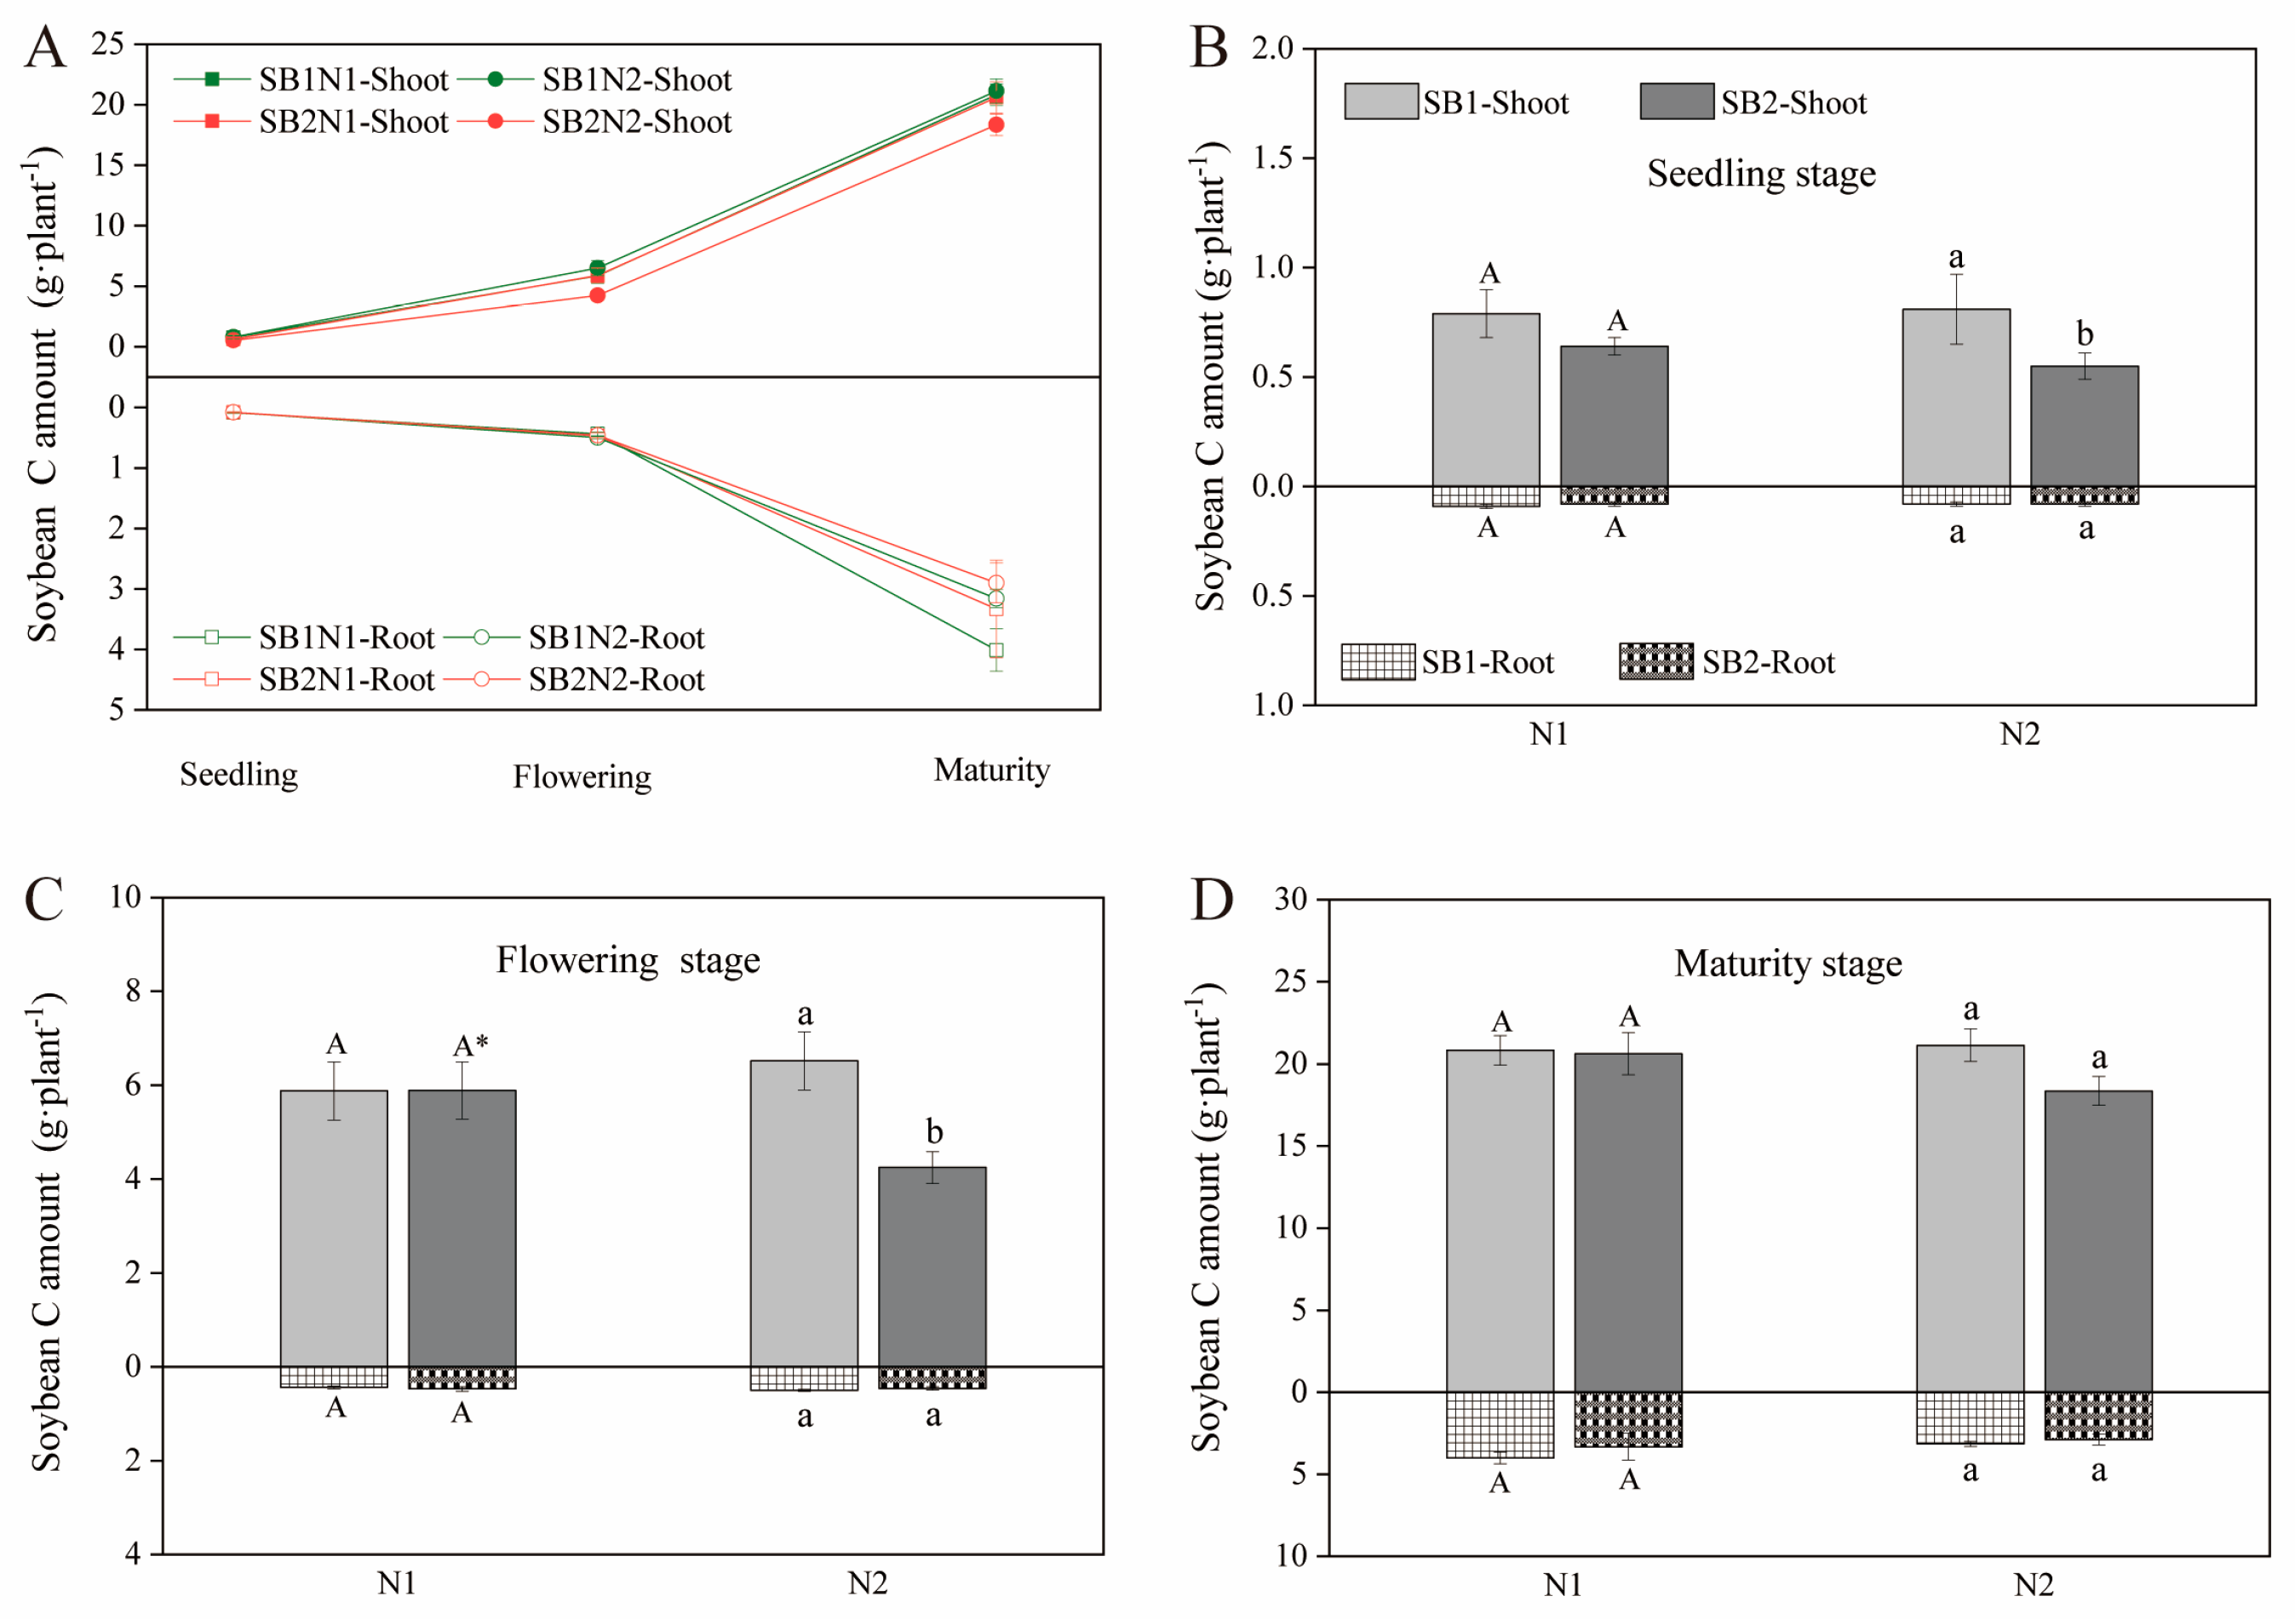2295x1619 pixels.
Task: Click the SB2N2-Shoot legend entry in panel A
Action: (x=636, y=122)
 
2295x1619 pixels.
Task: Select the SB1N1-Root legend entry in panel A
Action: (x=346, y=638)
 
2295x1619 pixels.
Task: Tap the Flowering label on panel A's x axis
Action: (x=582, y=776)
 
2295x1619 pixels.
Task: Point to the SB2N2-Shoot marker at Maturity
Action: (x=995, y=125)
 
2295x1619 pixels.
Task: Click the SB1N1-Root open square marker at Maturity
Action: (x=995, y=650)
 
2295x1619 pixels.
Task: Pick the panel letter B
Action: (x=1208, y=47)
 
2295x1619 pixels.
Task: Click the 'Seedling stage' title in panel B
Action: (x=1761, y=174)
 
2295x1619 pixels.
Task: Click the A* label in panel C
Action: (x=470, y=1046)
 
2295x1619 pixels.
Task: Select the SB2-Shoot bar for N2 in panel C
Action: (x=932, y=1267)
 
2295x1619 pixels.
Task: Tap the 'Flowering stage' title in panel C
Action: (x=628, y=960)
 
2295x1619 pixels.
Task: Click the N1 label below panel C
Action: (x=397, y=1583)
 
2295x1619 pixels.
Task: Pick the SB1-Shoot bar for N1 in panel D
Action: (x=1500, y=1221)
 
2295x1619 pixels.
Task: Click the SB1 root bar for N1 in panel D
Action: (x=1500, y=1424)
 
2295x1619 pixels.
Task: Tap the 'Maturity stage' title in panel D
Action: (x=1788, y=964)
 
